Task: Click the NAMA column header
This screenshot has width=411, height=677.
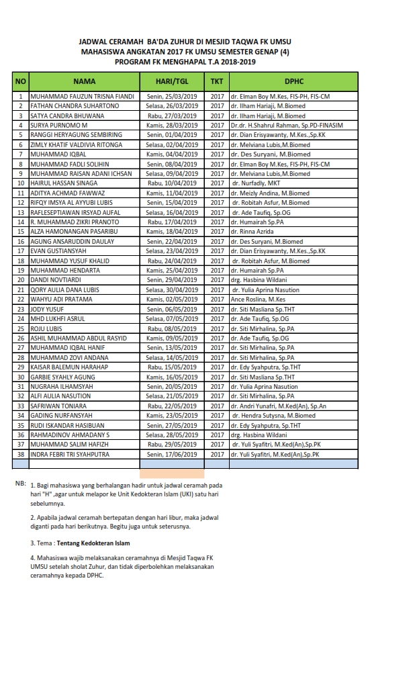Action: pyautogui.click(x=84, y=81)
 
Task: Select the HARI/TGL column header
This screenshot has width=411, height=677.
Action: pyautogui.click(x=172, y=81)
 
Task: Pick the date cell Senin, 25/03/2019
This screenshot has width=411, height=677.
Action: pyautogui.click(x=172, y=96)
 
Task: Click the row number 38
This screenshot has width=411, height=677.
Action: pyautogui.click(x=21, y=454)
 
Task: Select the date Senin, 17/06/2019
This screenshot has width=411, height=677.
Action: pyautogui.click(x=172, y=454)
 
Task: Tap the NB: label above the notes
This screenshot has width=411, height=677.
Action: pyautogui.click(x=21, y=484)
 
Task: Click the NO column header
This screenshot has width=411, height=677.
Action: pyautogui.click(x=21, y=81)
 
